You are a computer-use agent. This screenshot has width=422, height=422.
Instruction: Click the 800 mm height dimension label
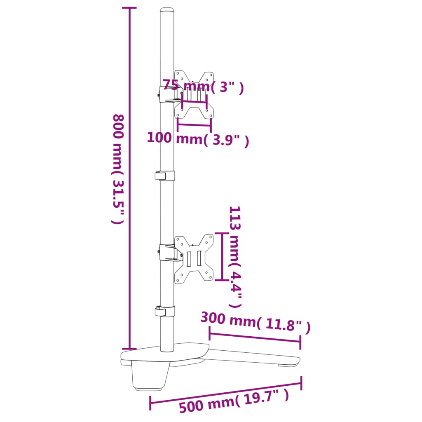coord(118,169)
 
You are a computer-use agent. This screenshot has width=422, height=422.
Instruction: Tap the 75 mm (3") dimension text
coord(203,87)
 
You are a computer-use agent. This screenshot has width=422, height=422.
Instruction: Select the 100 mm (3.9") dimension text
coord(198,139)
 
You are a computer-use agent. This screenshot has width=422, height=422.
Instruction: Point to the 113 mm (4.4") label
coord(235,257)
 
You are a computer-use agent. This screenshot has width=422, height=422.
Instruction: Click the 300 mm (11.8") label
coord(255,321)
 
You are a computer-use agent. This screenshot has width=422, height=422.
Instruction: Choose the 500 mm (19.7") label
coord(234,402)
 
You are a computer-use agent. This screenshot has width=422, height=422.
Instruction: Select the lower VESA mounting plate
coord(194,259)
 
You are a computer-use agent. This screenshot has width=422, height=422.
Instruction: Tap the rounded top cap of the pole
coord(167,10)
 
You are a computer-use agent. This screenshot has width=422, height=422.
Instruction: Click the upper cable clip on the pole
coord(165,176)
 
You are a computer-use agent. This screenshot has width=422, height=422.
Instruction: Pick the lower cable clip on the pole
coord(165,311)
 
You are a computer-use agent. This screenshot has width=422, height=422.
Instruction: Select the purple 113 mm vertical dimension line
coord(222,257)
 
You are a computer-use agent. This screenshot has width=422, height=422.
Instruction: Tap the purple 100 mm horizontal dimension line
coord(194,124)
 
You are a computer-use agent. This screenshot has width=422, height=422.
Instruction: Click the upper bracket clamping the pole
coord(167,94)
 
